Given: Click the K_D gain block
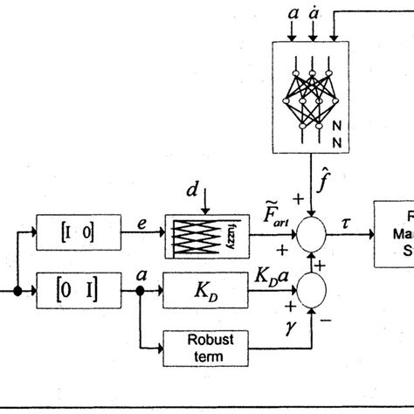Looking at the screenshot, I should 194,286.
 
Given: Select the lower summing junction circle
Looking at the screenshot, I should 308,286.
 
